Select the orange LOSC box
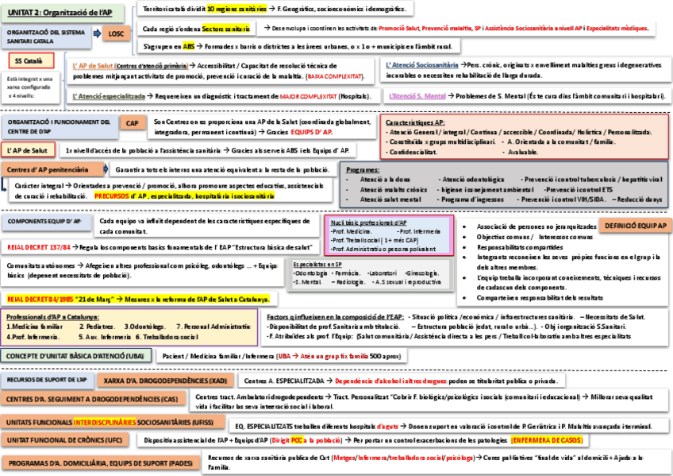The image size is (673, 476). click(117, 33)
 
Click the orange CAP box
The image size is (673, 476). click(131, 123)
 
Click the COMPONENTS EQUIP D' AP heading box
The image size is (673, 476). click(44, 221)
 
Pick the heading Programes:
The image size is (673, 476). click(363, 170)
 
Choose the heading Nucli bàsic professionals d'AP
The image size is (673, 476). click(370, 223)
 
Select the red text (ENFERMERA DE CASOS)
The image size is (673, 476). click(549, 439)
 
